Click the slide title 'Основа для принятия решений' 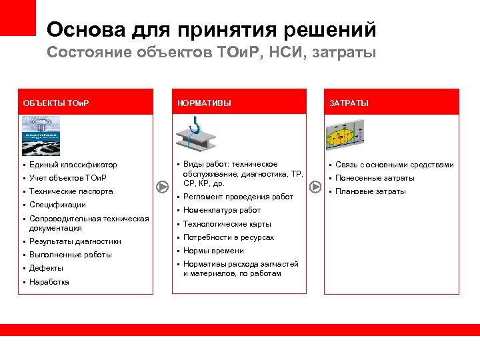pos(211,29)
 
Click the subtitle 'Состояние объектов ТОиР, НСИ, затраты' pos(211,53)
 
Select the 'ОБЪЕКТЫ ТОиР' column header pos(56,103)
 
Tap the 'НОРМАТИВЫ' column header pos(204,103)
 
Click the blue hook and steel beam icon pos(195,133)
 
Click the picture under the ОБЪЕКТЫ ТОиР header pos(41,136)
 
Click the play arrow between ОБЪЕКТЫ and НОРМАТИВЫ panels pos(161,186)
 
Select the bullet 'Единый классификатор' pos(73,165)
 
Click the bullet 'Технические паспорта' pos(71,191)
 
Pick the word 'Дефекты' pos(46,268)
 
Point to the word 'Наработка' pos(49,281)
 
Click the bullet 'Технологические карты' pos(227,224)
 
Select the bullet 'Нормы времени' pos(213,251)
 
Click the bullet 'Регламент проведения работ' pos(237,197)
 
